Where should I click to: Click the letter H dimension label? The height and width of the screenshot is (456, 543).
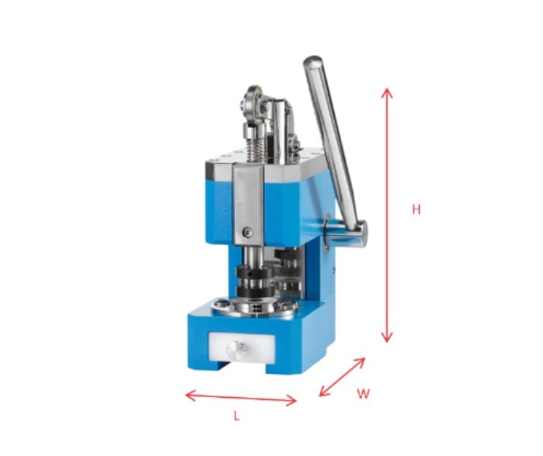417,209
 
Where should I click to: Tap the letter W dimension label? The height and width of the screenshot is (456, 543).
363,393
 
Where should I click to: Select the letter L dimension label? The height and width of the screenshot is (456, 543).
237,416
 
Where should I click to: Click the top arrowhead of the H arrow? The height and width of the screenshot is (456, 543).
387,92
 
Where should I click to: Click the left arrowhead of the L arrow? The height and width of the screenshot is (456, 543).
188,396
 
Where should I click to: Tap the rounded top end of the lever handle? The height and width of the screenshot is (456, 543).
313,61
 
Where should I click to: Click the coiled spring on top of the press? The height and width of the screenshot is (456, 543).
253,144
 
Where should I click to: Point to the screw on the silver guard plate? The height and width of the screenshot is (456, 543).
247,231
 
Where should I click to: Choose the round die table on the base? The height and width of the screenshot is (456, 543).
256,309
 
